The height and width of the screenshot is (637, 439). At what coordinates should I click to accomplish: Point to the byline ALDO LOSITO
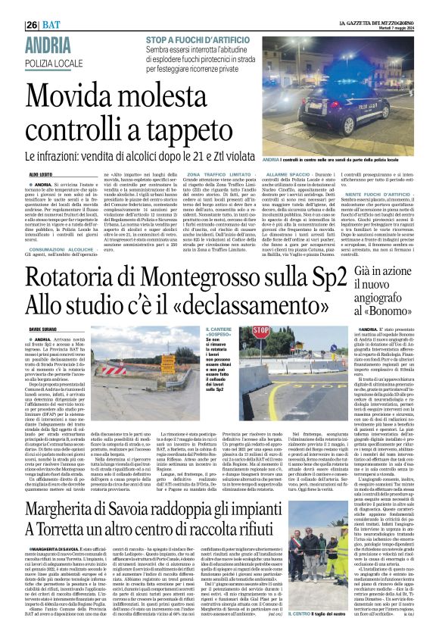coord(41,175)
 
